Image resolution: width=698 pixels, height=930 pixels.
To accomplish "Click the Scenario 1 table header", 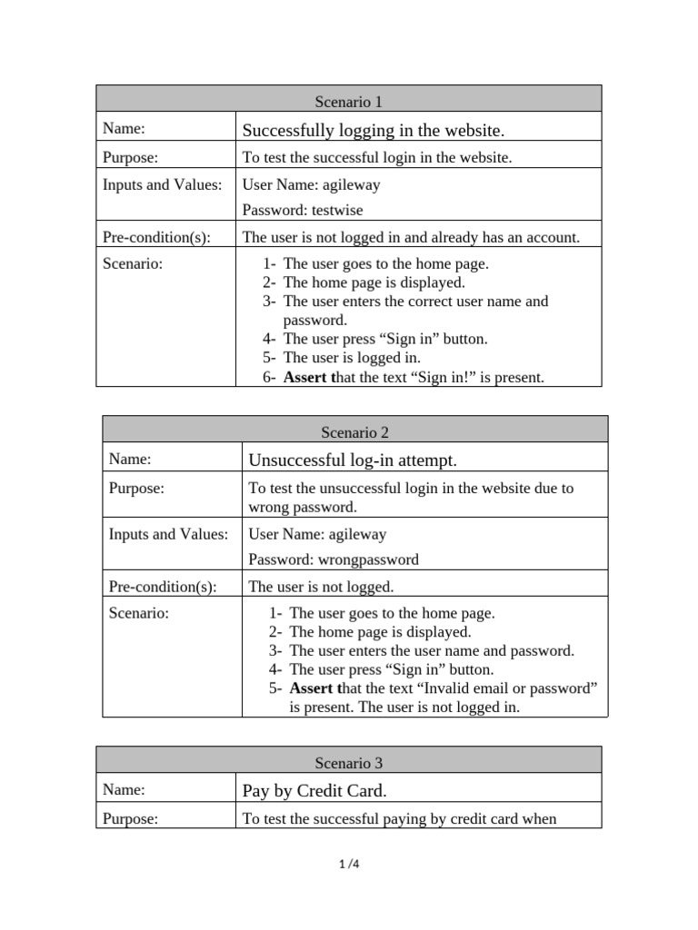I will click(x=348, y=102).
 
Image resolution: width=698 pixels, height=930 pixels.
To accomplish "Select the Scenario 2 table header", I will click(x=354, y=432).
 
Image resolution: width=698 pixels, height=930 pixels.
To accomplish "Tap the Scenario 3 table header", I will click(x=348, y=763).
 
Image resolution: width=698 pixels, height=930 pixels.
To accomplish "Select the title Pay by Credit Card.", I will click(x=314, y=791).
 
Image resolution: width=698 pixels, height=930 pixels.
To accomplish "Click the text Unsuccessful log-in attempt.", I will click(x=353, y=460).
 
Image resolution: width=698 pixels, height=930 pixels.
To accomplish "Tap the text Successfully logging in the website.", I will click(x=373, y=130).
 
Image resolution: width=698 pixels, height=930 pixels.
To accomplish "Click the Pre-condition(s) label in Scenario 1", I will click(x=156, y=238).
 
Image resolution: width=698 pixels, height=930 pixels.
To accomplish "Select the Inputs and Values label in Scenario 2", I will click(x=168, y=534).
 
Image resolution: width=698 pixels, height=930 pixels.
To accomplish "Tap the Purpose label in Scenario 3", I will click(x=130, y=819).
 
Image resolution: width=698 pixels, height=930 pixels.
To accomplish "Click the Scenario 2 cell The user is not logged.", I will click(x=321, y=587).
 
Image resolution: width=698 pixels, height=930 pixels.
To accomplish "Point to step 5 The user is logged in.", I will click(x=352, y=358).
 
